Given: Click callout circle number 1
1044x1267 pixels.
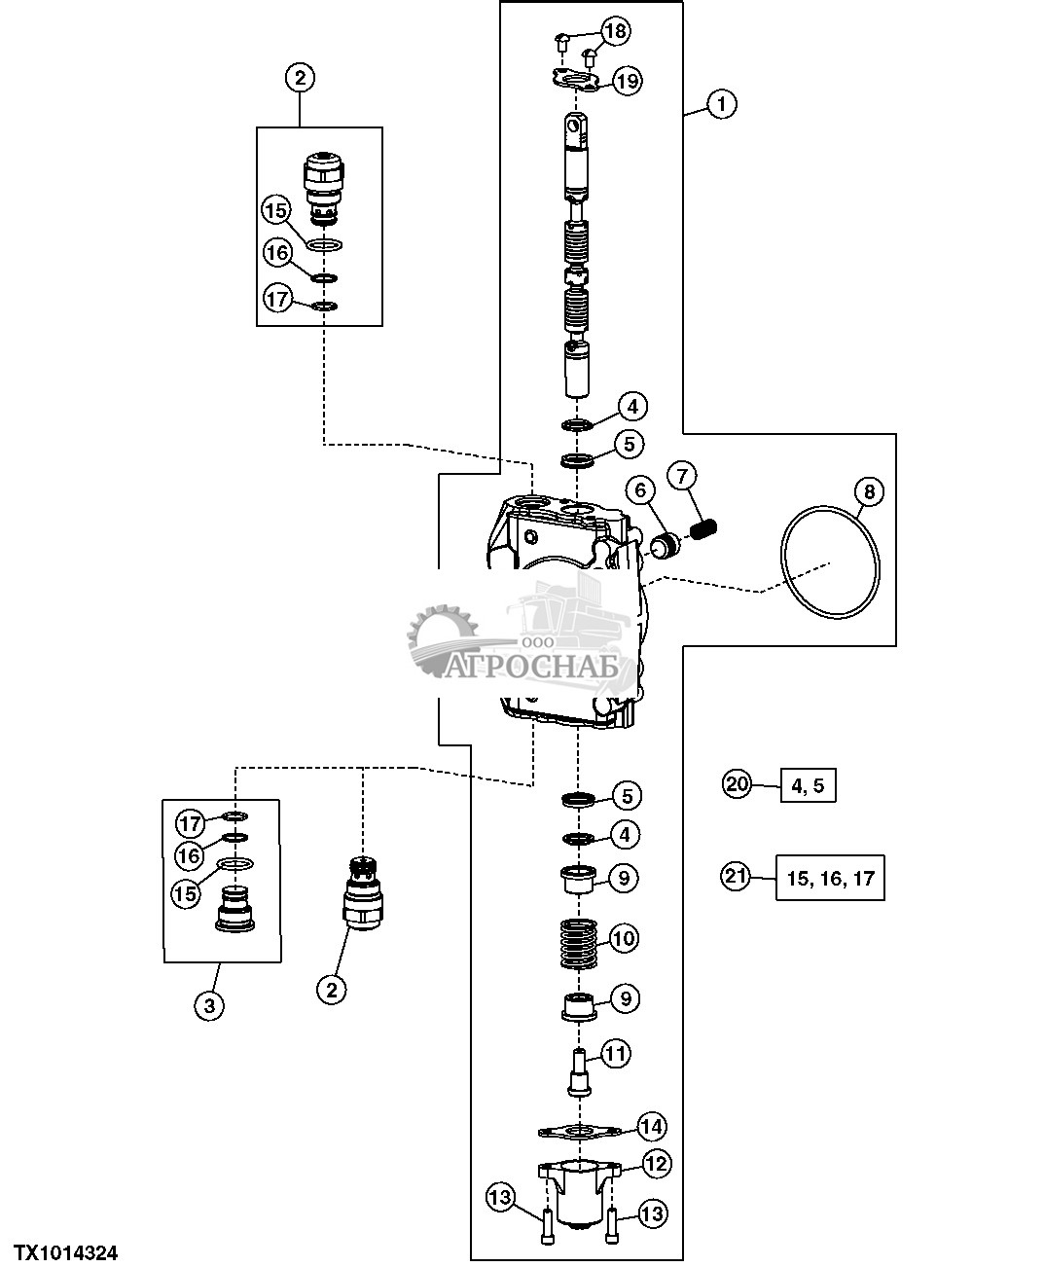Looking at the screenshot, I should (x=721, y=103).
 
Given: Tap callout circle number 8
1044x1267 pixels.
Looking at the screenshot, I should (x=868, y=491).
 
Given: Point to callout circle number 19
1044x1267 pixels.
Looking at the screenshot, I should (x=628, y=81).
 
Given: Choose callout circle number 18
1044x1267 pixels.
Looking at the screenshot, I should (x=615, y=31).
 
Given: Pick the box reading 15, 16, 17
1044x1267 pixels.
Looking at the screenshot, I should (x=830, y=878).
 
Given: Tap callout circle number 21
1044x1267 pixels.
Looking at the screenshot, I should (x=737, y=876).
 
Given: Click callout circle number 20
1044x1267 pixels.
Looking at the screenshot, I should (x=737, y=783).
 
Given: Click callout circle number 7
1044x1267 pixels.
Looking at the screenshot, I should (x=681, y=476).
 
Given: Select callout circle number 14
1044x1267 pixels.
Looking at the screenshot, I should (x=651, y=1127).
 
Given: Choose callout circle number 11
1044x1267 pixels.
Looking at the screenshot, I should (x=616, y=1053).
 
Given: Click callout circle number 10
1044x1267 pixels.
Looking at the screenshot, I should (x=624, y=938).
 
